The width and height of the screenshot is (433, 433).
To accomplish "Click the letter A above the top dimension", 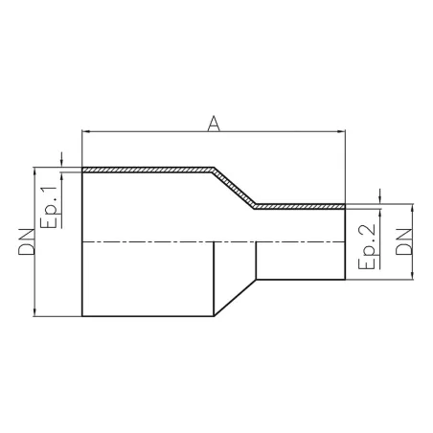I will click(x=215, y=122).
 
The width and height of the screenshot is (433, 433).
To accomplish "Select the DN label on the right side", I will click(x=405, y=241).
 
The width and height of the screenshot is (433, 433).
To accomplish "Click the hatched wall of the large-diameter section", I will click(x=144, y=171).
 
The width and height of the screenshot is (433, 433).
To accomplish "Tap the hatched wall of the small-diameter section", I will click(x=302, y=206).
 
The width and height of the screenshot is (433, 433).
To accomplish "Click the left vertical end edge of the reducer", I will click(x=83, y=278).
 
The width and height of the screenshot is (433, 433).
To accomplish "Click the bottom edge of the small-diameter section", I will click(x=302, y=280).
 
